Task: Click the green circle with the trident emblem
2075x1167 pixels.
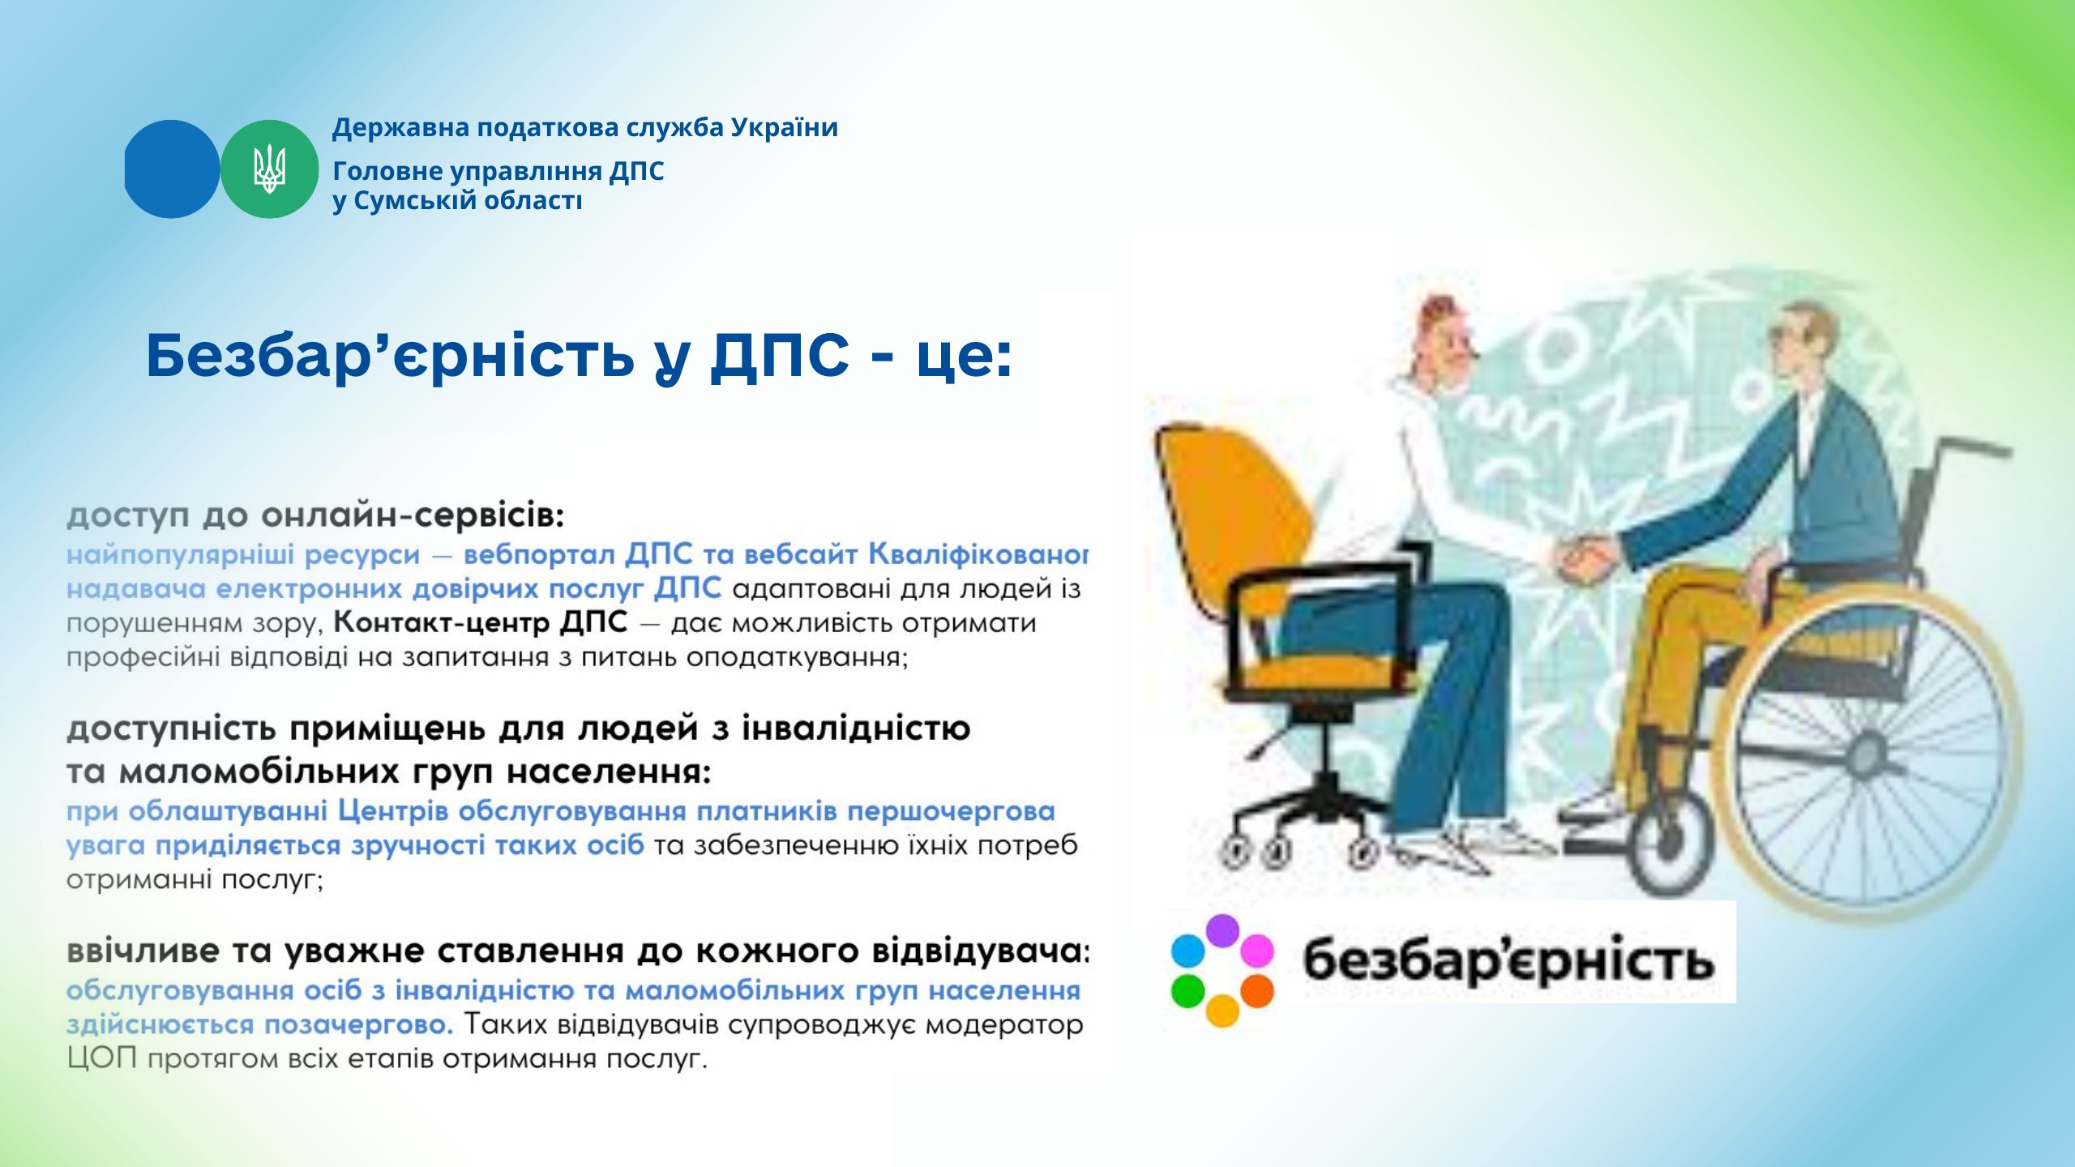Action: click(x=269, y=169)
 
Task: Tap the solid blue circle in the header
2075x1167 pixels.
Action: click(x=171, y=169)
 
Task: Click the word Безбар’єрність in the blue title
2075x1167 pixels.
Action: click(x=390, y=356)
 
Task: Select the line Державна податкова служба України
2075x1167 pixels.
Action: click(x=585, y=128)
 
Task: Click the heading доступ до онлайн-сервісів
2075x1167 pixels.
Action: click(x=315, y=515)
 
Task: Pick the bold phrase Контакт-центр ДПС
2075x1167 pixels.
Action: click(x=481, y=622)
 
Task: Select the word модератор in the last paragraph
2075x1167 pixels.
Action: click(x=1004, y=1025)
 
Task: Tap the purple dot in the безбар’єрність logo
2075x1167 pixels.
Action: click(x=1222, y=930)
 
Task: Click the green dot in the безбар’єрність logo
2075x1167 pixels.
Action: click(x=1187, y=990)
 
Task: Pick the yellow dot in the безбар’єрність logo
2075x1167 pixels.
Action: click(x=1222, y=1011)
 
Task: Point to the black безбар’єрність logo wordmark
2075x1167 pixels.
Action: click(x=1508, y=960)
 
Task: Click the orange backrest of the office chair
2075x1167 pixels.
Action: click(x=1232, y=519)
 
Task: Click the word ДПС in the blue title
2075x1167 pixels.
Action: click(x=779, y=356)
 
